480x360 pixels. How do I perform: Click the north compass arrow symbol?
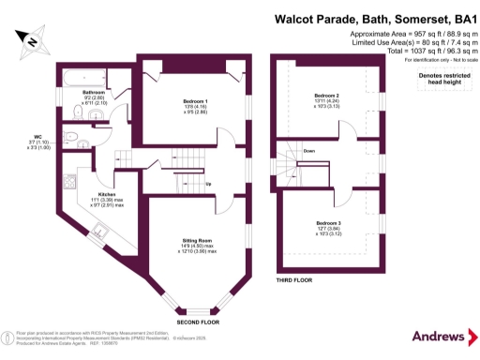[31, 40]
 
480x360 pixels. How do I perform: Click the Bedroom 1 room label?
[195, 100]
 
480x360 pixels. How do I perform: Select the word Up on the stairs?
[207, 184]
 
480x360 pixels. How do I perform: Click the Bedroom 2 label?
[326, 95]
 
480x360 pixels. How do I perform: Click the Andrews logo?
[439, 336]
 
